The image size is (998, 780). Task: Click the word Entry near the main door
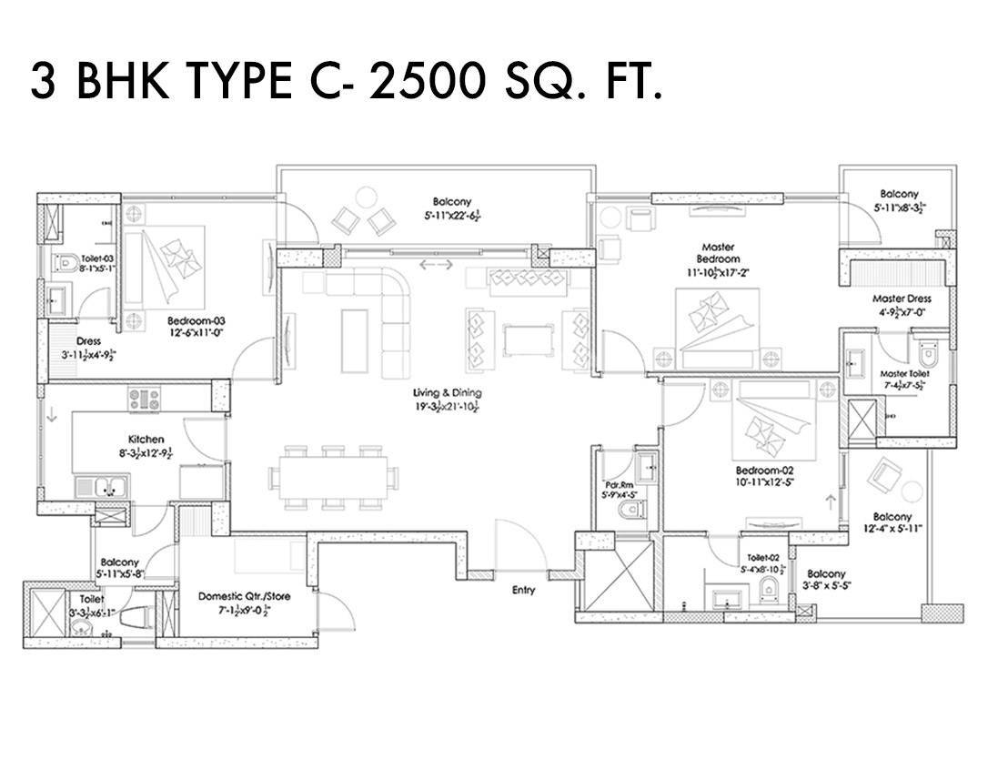(x=523, y=590)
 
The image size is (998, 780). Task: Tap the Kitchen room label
(x=146, y=440)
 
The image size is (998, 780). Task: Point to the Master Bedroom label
(x=717, y=252)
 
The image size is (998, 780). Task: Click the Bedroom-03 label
(x=196, y=320)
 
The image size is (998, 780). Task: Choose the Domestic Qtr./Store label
(x=244, y=597)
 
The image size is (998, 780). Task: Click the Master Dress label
(x=902, y=299)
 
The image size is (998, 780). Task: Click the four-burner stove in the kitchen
(x=144, y=398)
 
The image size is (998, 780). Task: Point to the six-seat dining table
(x=332, y=476)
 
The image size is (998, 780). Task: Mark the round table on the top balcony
(x=366, y=196)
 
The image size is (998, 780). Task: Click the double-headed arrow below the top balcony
(x=436, y=265)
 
